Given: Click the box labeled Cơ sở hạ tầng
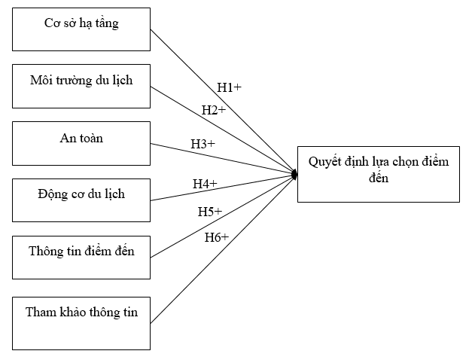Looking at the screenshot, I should point(81,29).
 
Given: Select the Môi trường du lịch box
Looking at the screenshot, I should point(81,86).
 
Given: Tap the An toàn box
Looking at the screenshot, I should point(81,143).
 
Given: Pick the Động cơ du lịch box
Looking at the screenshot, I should point(81,200).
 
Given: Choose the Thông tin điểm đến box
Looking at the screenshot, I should point(81,256).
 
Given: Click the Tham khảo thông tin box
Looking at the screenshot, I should point(81,322).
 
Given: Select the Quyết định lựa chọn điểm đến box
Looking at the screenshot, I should point(378,174).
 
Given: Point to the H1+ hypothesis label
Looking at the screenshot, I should point(229,88).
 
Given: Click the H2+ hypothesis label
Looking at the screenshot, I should point(214,111).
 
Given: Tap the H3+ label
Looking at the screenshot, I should point(203,143).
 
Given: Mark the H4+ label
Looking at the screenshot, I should point(205,184).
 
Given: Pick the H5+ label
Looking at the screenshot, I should point(210,212).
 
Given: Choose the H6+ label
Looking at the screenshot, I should point(217,237).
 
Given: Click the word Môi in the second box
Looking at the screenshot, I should point(41,80).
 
